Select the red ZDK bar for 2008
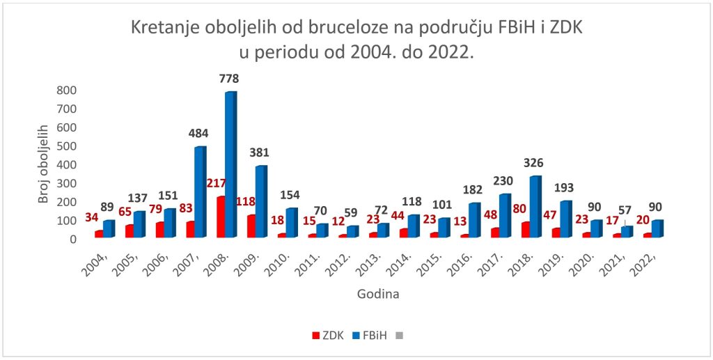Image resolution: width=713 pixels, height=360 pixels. point(221,217)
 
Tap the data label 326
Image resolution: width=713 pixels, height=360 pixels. point(534,164)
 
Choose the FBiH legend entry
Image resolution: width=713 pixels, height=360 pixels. point(367,335)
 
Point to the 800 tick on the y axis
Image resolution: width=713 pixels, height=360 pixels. point(66,90)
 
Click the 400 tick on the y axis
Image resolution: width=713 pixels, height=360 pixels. point(66,164)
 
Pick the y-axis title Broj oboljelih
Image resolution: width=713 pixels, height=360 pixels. point(44,164)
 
